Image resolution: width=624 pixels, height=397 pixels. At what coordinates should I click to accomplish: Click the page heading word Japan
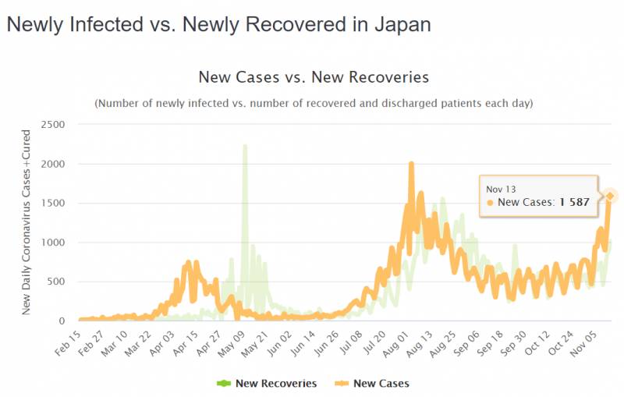400,24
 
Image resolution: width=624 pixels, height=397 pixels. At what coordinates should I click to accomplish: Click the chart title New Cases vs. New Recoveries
314,77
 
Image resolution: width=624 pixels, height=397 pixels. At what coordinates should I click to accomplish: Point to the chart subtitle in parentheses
314,103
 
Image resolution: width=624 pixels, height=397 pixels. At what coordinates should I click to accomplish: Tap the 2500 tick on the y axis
53,124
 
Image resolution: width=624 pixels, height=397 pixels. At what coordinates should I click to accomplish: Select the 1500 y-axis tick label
53,203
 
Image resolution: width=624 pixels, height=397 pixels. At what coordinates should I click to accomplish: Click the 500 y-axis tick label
56,282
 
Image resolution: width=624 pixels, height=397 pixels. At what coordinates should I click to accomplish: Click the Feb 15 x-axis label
69,342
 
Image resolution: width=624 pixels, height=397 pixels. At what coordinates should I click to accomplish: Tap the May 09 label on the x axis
230,342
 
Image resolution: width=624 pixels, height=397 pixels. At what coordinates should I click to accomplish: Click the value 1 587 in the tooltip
579,203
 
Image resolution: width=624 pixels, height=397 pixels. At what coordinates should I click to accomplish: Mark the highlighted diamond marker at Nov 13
611,196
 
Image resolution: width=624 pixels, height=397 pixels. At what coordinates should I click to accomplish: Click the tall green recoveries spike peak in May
245,146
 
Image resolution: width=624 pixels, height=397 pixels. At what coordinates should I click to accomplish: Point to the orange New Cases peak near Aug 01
411,164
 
